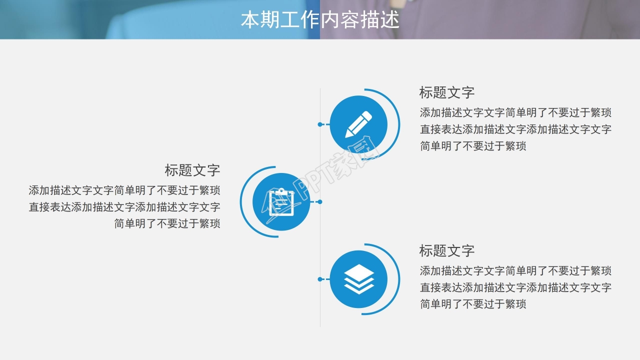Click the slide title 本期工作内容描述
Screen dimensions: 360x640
point(320,20)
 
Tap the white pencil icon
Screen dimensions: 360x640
point(359,124)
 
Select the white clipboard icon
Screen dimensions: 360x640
point(281,202)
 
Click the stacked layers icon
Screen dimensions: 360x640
point(359,279)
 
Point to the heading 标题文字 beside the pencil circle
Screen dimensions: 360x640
point(446,92)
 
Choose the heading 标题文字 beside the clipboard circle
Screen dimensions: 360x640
point(192,170)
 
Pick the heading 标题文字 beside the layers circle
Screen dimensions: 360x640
point(446,250)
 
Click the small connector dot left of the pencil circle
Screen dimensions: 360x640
point(320,124)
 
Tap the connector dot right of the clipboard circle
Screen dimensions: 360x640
point(320,202)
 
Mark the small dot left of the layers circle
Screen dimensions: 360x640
point(320,279)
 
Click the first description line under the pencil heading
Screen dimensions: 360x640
point(515,112)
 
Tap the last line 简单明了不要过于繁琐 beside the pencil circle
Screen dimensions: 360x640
point(473,146)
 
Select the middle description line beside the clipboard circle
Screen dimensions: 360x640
point(124,207)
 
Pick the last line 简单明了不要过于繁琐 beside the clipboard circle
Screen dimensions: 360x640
point(167,223)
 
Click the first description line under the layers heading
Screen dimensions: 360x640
point(515,271)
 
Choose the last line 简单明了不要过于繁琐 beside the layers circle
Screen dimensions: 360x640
point(473,304)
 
